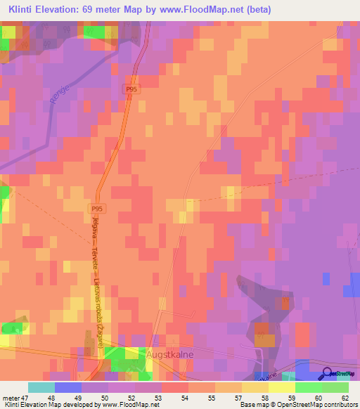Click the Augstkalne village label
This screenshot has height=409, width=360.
point(169,355)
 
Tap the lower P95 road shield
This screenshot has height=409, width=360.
point(98,209)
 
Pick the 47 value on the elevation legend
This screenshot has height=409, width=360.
point(27,397)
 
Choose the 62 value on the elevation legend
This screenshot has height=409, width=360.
point(344,397)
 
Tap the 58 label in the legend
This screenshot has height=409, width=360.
point(255,397)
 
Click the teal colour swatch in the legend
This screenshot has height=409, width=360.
point(41,387)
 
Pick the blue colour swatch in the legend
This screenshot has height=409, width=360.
point(68,387)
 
